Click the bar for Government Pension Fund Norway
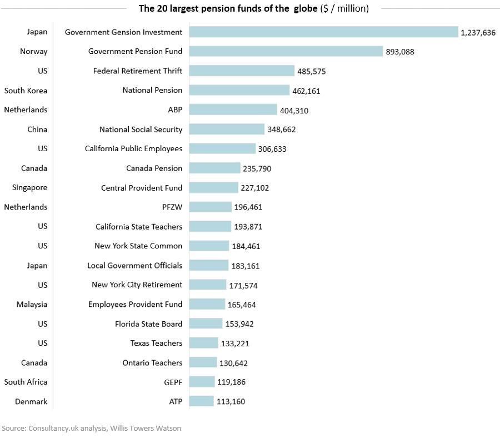[286, 51]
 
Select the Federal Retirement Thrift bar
[242, 71]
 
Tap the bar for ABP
[233, 109]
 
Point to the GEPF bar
[202, 382]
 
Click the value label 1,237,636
[478, 33]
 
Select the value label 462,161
[306, 91]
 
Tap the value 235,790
[257, 168]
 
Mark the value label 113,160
[231, 402]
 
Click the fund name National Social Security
[141, 130]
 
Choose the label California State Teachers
[139, 226]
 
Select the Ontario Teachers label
[152, 362]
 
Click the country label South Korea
[26, 91]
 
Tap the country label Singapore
[29, 187]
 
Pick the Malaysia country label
[32, 304]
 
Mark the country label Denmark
[31, 401]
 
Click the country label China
[37, 130]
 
